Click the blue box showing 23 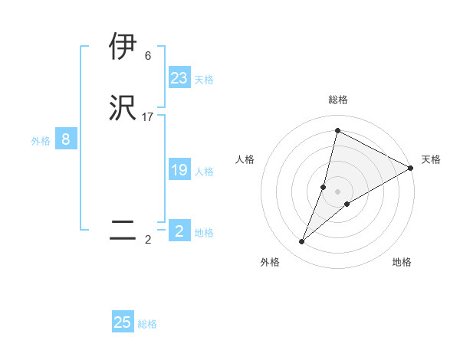[179, 78]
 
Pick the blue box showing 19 [179, 170]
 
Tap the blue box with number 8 [66, 139]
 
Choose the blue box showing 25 [123, 322]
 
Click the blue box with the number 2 [179, 231]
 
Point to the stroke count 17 [148, 117]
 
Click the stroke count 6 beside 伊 [148, 56]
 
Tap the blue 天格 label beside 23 [203, 80]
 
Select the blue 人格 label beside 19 [203, 172]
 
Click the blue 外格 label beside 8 [41, 141]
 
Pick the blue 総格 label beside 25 [147, 324]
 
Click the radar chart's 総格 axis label [338, 100]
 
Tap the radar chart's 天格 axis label [431, 159]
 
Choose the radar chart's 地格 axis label [402, 262]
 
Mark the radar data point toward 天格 [411, 168]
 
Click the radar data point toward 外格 [302, 242]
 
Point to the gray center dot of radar [338, 191]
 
